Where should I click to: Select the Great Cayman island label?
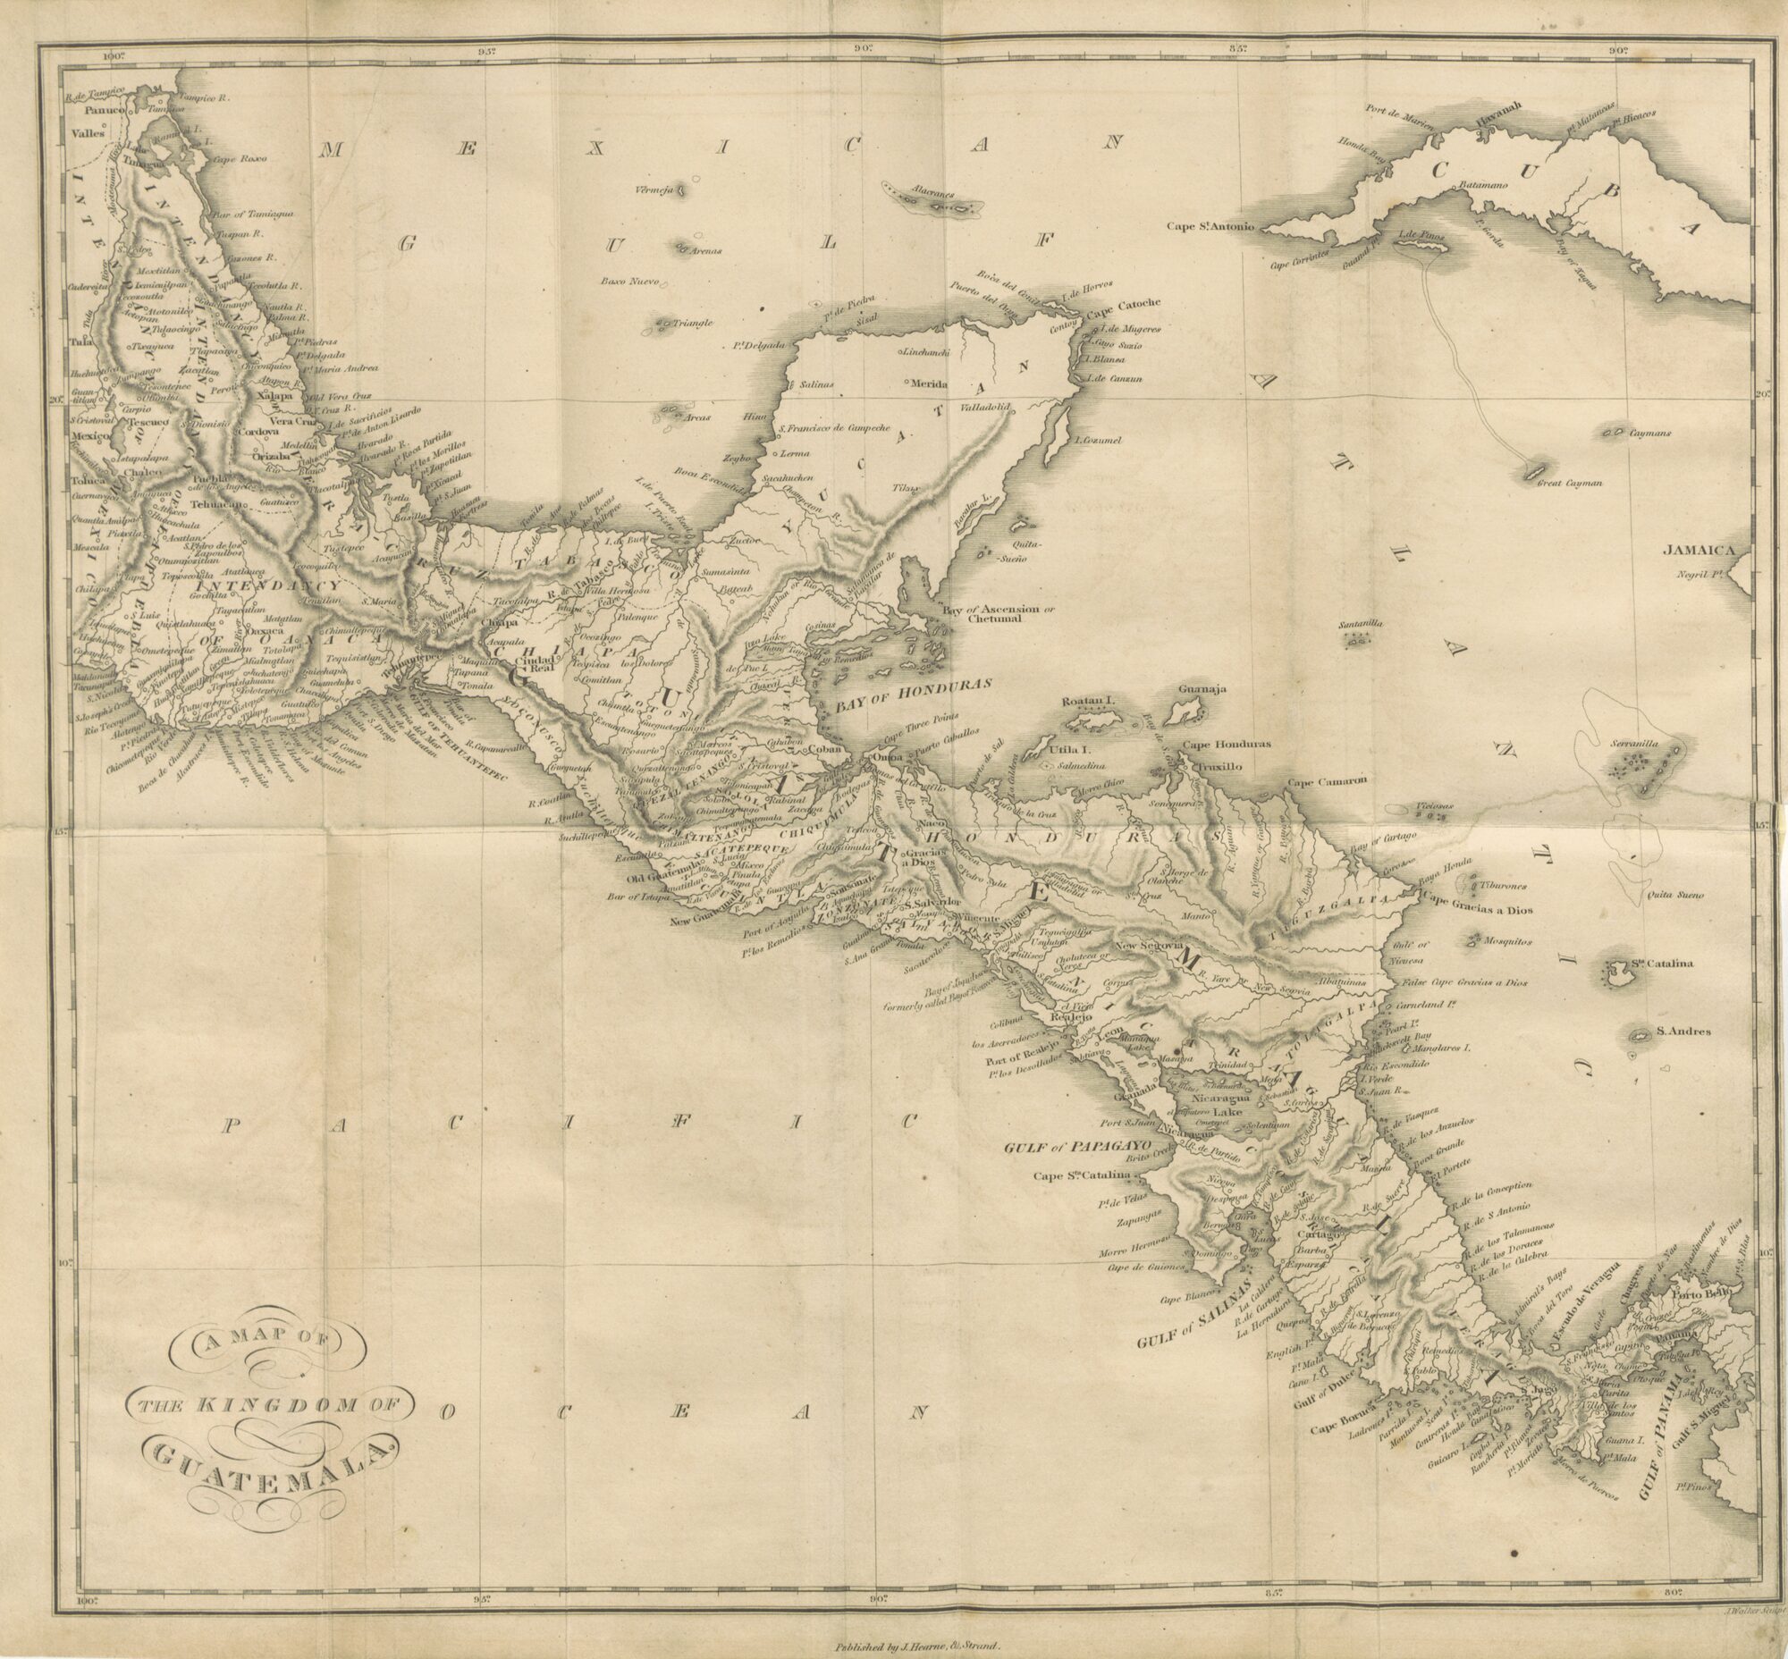[x=1569, y=483]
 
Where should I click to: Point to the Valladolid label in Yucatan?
[x=986, y=408]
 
